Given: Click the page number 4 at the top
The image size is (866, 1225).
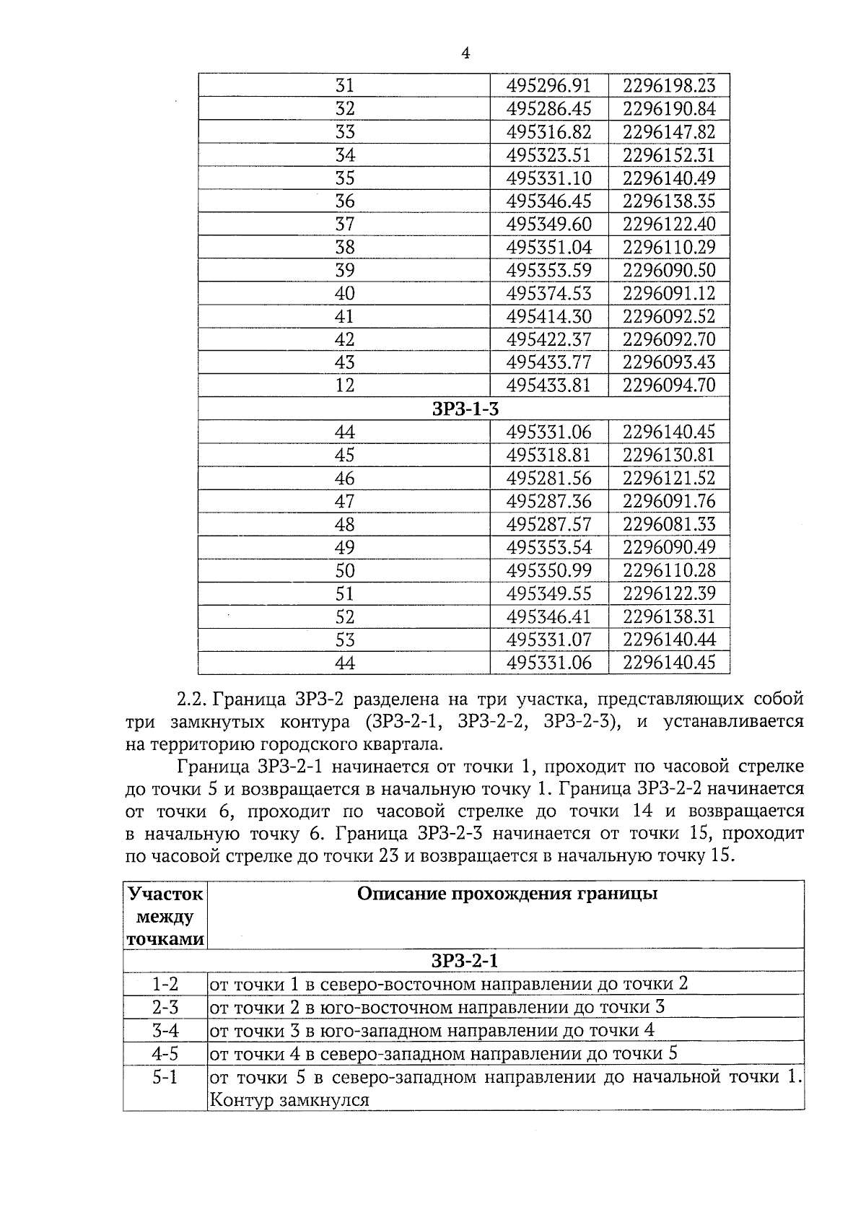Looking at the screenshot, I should pos(465,53).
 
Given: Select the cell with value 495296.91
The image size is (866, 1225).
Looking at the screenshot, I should pos(548,86).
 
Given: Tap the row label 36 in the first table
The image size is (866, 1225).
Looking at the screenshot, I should pos(345,201).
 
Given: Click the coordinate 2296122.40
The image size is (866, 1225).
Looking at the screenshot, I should pos(669,224).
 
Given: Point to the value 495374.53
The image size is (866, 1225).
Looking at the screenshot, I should pos(548,294).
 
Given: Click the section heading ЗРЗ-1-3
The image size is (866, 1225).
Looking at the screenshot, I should pos(465,409).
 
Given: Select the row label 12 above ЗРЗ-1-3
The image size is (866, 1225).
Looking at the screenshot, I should pos(345,386).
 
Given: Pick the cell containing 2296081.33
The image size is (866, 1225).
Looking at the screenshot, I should pos(669,525).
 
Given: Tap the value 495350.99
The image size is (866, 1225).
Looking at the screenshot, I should pos(548,571).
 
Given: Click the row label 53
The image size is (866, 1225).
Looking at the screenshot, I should pos(345,640).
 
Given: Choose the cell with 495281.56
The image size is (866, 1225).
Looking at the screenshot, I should pos(548,479).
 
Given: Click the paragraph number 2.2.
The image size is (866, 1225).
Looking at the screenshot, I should pos(192,699).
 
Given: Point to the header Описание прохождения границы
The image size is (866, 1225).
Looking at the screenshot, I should pos(507,894).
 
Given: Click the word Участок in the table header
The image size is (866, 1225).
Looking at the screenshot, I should pos(165,894).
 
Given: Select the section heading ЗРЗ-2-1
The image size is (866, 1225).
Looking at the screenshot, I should pos(465,961).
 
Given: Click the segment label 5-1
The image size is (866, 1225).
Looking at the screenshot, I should pos(165,1078).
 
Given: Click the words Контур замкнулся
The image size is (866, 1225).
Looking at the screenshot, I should pos(289,1100).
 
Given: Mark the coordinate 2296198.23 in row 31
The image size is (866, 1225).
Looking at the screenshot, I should pos(669,86).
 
